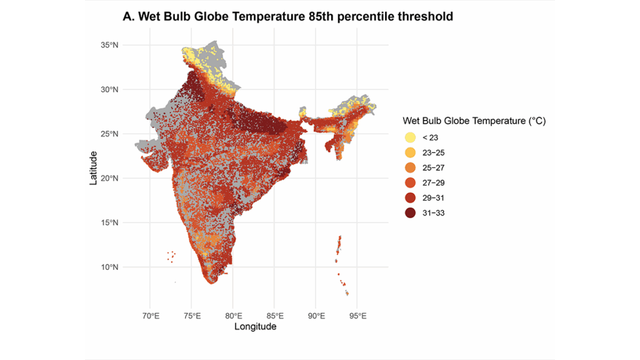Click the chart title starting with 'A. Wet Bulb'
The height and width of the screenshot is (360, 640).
coord(287,17)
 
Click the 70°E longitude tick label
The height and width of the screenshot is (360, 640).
coord(151,315)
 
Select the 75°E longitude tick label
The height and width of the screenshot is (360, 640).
coord(192,315)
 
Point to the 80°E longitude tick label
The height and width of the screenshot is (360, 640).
coord(234,315)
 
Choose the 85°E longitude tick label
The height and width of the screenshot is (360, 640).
coord(275,315)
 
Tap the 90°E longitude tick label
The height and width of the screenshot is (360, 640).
coord(316,315)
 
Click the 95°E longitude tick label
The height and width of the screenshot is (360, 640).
coord(357,315)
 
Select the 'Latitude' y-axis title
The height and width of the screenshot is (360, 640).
coord(94,167)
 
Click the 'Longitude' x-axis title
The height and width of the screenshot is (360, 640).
coord(255,326)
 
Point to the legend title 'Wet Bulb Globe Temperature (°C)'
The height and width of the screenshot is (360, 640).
coord(474,121)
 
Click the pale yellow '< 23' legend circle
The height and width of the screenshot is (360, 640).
coord(410,137)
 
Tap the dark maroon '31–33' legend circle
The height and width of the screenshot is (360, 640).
coord(410,212)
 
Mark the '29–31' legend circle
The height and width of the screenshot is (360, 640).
coord(410,197)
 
